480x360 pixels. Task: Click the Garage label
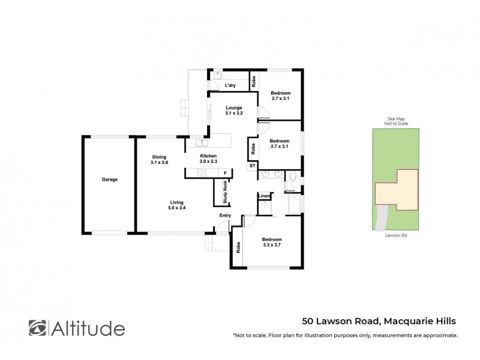[x=109, y=179]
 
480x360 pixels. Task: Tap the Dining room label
[x=159, y=160]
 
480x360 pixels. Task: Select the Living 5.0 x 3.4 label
[x=176, y=206]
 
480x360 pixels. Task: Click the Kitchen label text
[x=208, y=158]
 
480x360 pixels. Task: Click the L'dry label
[x=230, y=86]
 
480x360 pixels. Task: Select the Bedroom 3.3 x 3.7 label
[x=272, y=242]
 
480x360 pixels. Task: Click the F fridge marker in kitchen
[x=225, y=173]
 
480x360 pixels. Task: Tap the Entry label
[x=225, y=215]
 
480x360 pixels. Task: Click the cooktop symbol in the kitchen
[x=201, y=173]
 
